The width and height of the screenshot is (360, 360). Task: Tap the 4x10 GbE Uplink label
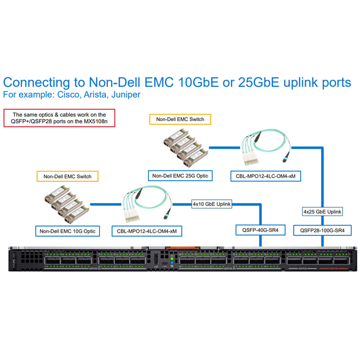(x=211, y=204)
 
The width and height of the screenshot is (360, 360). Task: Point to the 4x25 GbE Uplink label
(x=322, y=211)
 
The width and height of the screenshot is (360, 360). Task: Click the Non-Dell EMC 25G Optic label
(x=180, y=175)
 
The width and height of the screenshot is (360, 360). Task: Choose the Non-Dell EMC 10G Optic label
(x=67, y=232)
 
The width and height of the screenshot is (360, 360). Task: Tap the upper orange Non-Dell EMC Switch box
(x=180, y=119)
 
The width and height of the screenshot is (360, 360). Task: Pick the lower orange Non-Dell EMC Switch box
(x=67, y=176)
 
